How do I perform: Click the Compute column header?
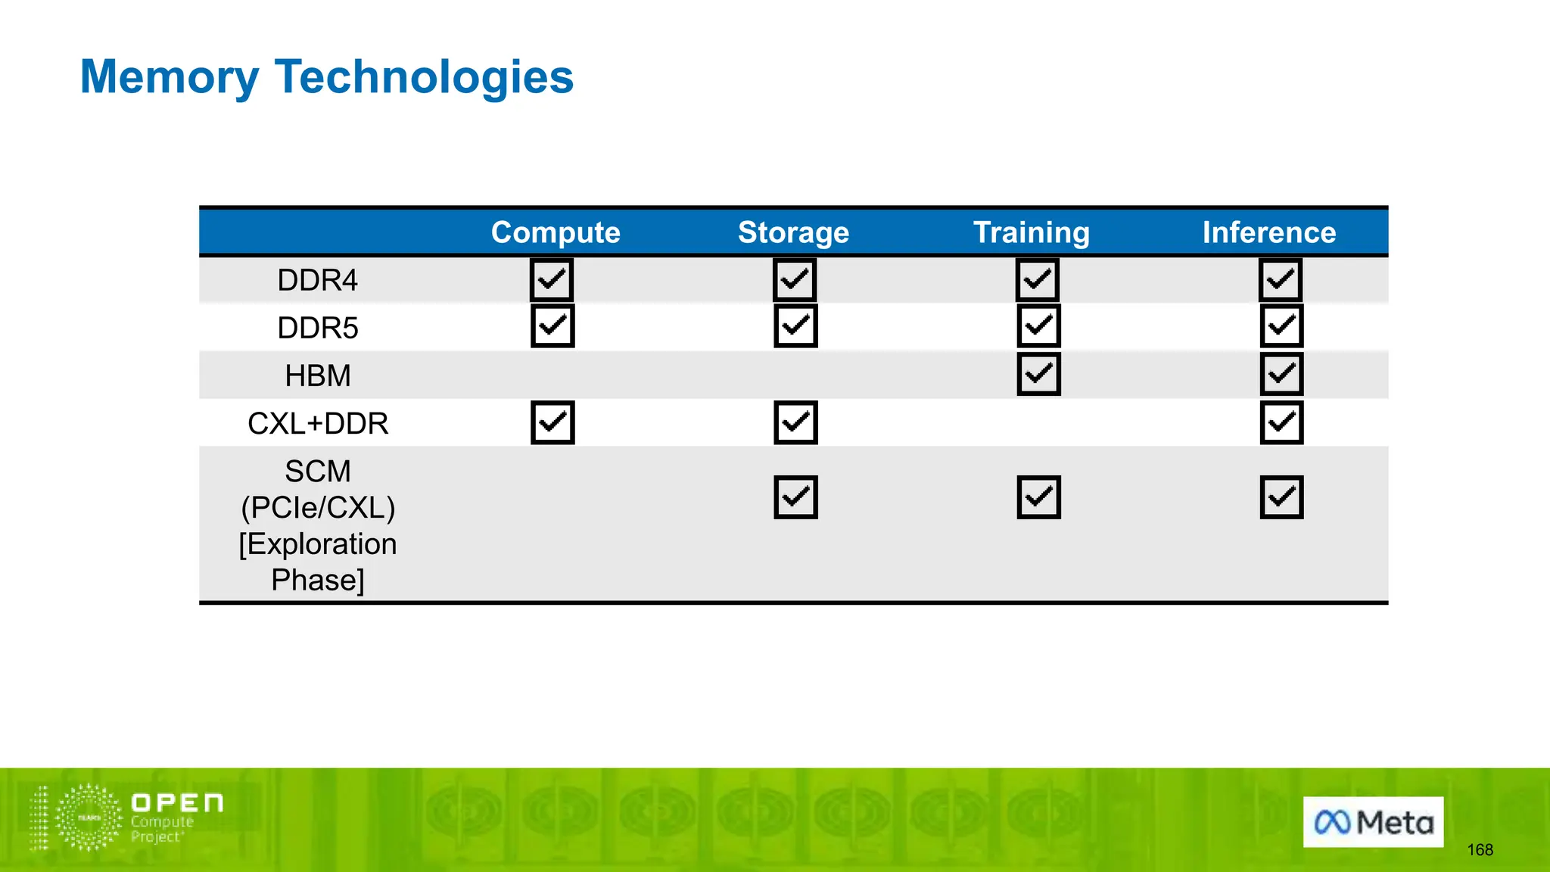pos(556,232)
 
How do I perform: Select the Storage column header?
pos(793,232)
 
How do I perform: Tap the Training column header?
pos(1031,232)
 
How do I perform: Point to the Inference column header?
pos(1269,232)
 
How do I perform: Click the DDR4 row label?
pos(317,281)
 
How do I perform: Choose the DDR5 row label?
pos(317,329)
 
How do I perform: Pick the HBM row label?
pos(317,376)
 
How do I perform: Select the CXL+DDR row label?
pos(317,424)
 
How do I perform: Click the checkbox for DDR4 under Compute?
pos(552,280)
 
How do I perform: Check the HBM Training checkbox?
pos(1038,374)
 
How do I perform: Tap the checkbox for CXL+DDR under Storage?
pos(795,422)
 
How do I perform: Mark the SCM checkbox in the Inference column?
pos(1281,497)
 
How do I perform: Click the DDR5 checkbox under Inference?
pos(1281,326)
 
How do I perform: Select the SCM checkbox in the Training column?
pos(1038,497)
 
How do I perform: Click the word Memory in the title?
pos(169,77)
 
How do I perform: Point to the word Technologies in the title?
pos(424,77)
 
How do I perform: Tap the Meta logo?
pos(1373,822)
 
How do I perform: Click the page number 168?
pos(1480,850)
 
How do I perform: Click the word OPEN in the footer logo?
pos(177,803)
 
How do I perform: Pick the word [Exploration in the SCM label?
pos(317,544)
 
